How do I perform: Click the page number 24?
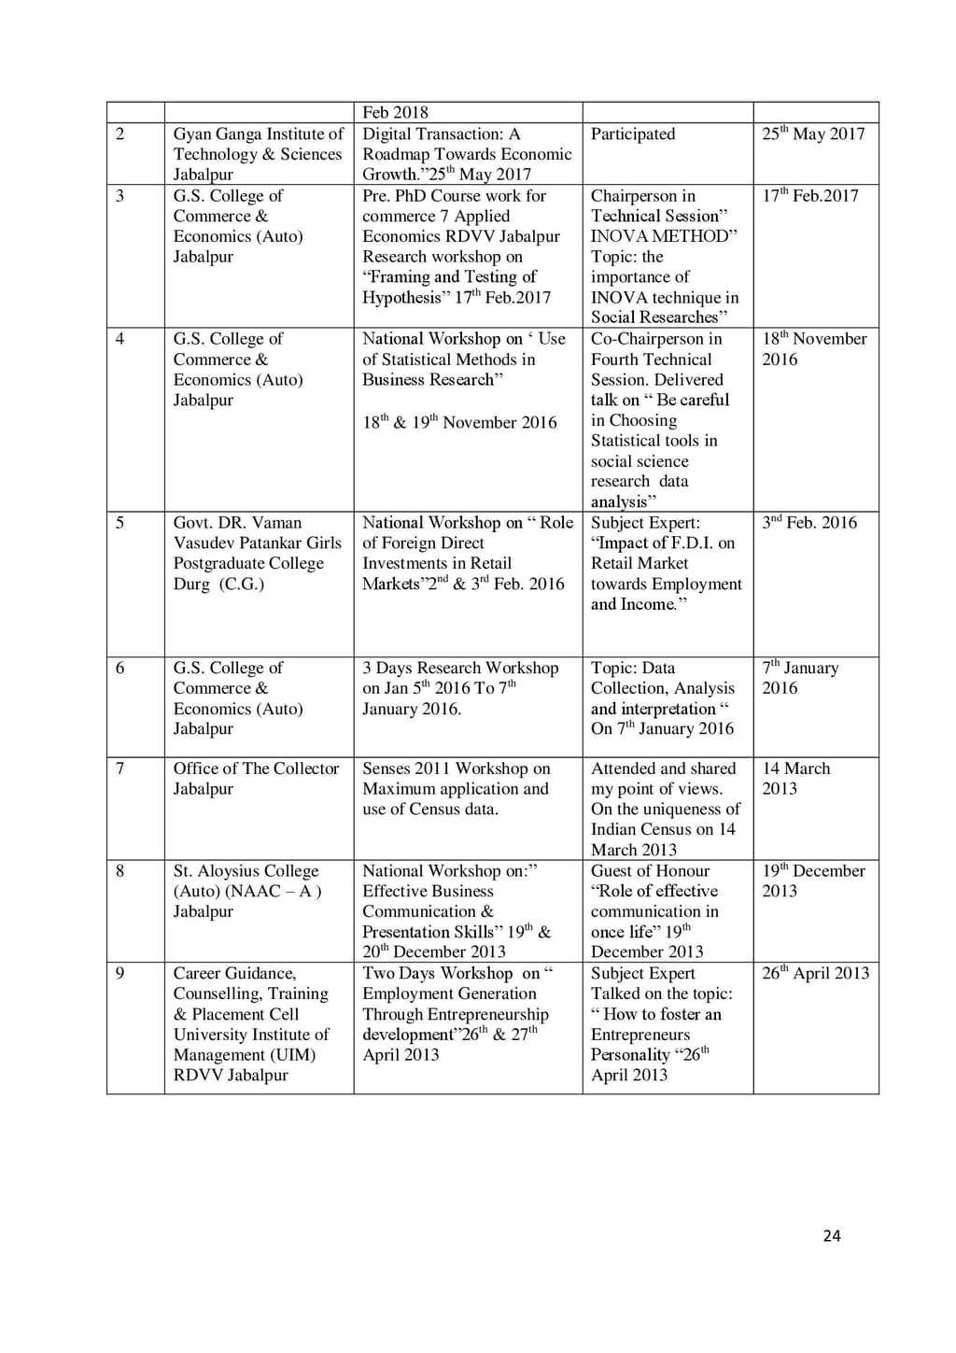pos(832,1235)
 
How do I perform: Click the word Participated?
pos(632,134)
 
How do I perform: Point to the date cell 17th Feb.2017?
pos(809,196)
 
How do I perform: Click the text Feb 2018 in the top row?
pos(395,112)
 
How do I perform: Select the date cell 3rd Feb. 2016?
pos(808,523)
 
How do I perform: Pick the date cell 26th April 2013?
pos(815,973)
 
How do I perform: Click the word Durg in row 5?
pos(190,585)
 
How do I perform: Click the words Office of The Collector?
pos(256,768)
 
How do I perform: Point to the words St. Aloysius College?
pos(246,871)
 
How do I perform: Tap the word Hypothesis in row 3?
pos(401,298)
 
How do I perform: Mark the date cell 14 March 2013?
pos(795,778)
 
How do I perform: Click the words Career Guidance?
pos(234,973)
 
